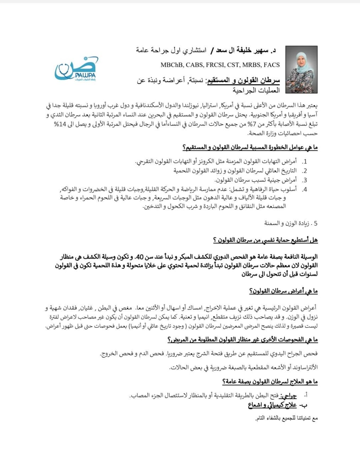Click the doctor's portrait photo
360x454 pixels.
(x=301, y=69)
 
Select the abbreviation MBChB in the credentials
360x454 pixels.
(x=172, y=65)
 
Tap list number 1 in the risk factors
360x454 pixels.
(x=304, y=162)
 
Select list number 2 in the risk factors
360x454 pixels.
(x=304, y=171)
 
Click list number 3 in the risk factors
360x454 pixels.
(x=304, y=180)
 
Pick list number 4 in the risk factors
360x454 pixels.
(x=304, y=189)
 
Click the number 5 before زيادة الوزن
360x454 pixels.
(x=315, y=223)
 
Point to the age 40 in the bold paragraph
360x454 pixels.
(x=140, y=256)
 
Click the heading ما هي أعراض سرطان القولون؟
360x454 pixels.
(x=283, y=291)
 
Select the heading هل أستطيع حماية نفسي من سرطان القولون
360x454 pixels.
(x=265, y=240)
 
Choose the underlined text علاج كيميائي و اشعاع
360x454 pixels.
(x=272, y=405)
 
